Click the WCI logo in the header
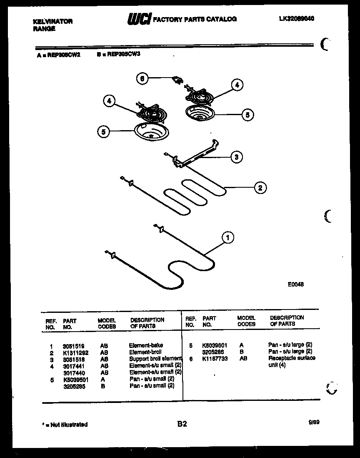[x=139, y=19]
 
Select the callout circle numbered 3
[x=236, y=157]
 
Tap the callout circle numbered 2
[x=260, y=188]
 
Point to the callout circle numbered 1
[x=227, y=238]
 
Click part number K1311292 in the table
[x=75, y=352]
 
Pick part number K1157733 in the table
[x=215, y=359]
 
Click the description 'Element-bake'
[x=146, y=345]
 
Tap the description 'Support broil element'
[x=155, y=359]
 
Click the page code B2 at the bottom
[x=182, y=424]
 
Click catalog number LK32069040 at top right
[x=297, y=19]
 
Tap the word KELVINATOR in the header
[x=52, y=21]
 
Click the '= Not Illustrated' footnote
[x=65, y=425]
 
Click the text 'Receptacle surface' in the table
[x=292, y=358]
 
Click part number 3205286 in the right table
[x=212, y=352]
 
